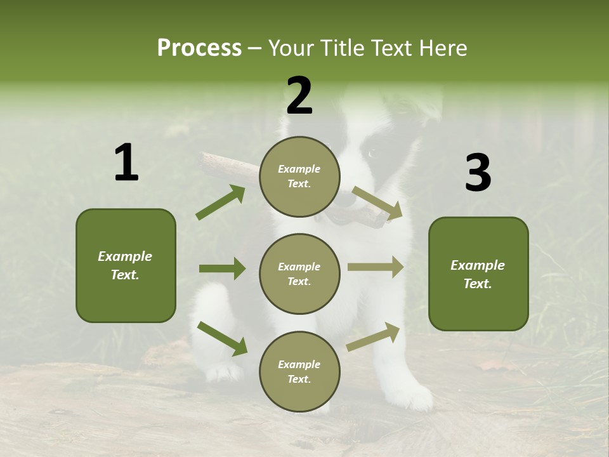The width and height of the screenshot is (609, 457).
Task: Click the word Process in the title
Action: [x=199, y=48]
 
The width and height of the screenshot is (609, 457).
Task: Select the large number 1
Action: [x=126, y=163]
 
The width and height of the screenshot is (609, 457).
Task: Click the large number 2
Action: [x=299, y=96]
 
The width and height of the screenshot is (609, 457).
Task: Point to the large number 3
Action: [x=478, y=173]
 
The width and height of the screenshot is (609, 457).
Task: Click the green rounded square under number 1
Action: [x=126, y=265]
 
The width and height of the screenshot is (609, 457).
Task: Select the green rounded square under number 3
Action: [x=478, y=274]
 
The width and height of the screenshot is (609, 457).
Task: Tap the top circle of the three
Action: [x=299, y=176]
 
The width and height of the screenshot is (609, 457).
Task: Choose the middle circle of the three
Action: [x=299, y=274]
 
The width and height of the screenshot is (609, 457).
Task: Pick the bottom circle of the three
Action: [x=299, y=371]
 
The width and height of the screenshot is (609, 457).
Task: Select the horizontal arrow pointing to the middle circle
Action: [x=222, y=268]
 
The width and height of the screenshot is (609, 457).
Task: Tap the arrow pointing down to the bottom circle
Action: [x=222, y=338]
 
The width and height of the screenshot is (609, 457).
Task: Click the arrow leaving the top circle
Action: [x=377, y=203]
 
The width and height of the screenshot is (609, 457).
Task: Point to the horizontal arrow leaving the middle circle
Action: [x=375, y=267]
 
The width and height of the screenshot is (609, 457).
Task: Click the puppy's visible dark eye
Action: [x=371, y=153]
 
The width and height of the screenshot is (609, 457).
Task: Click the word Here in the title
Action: [x=443, y=48]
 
